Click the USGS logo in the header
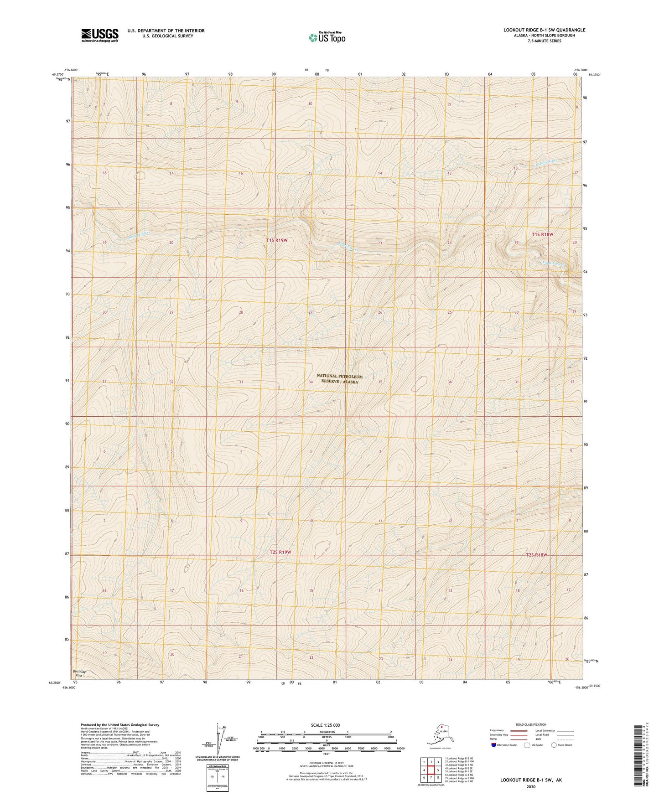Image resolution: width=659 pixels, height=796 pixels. pos(100,35)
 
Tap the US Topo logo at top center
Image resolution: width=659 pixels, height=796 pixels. pos(327,37)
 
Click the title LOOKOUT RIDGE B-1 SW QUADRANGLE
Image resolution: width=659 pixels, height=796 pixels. pos(544,30)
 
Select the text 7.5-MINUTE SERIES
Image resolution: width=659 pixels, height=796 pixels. pos(544,41)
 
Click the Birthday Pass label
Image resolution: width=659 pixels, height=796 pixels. pos(79,673)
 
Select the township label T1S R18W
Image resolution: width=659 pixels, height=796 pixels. pos(542,234)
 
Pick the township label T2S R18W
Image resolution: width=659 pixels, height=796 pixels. pos(536,555)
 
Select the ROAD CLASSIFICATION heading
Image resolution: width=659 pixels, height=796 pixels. pos(531,724)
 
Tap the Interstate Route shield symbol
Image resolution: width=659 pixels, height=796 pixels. pos(494,745)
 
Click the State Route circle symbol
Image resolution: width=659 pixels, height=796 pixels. pos(554,745)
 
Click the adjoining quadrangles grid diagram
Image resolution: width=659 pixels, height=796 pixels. pos(431,770)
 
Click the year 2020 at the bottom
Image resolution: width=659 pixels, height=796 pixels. pos(531,786)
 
